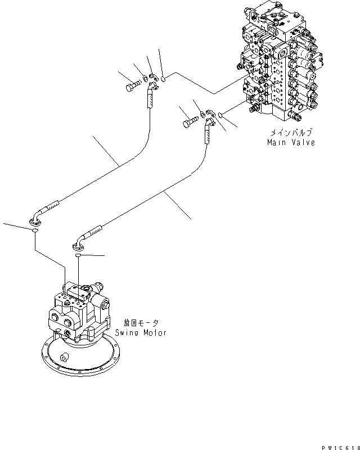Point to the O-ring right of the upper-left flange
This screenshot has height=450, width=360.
pyautogui.click(x=163, y=80)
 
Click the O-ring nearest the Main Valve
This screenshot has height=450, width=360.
pyautogui.click(x=221, y=114)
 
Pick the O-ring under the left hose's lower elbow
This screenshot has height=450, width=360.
pyautogui.click(x=35, y=230)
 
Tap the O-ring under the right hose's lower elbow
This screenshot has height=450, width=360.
pyautogui.click(x=79, y=255)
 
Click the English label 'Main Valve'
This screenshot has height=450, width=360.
pyautogui.click(x=291, y=142)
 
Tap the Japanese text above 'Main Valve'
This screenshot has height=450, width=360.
pyautogui.click(x=290, y=133)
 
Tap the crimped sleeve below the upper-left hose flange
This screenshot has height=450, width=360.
pyautogui.click(x=151, y=101)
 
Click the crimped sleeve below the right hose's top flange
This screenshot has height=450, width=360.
pyautogui.click(x=207, y=134)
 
